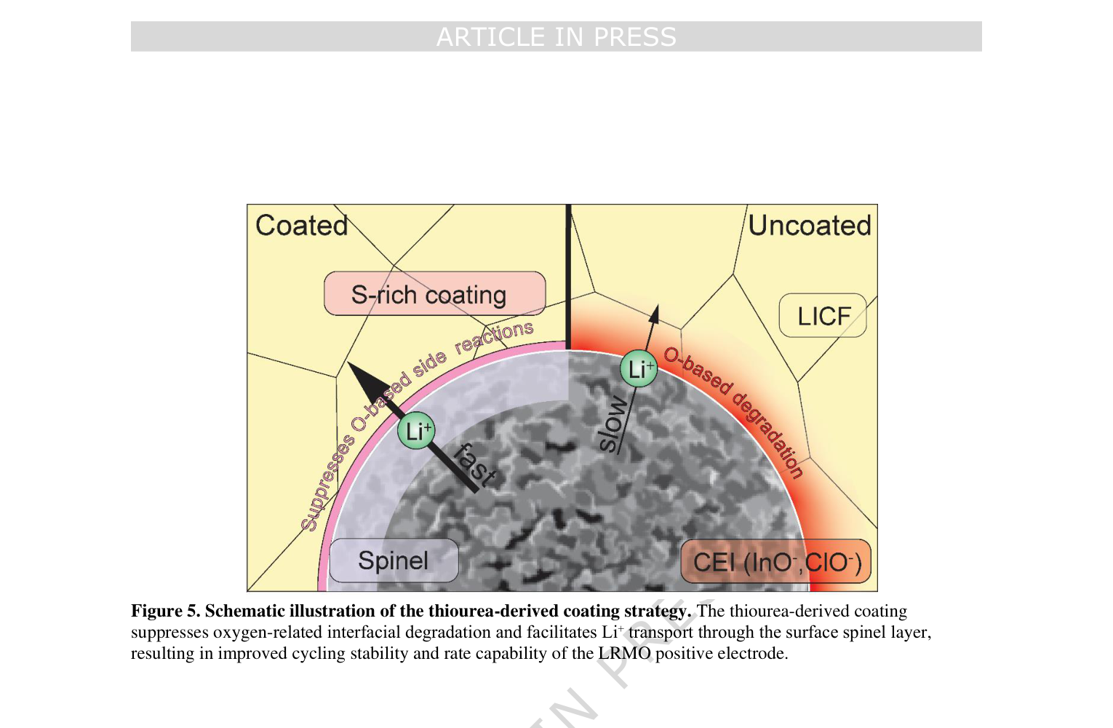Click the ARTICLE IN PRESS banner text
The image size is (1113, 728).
point(556,37)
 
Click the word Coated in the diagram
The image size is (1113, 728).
point(302,225)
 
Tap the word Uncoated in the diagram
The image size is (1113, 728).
point(810,225)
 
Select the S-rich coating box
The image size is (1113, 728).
point(435,293)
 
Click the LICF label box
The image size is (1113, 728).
point(823,315)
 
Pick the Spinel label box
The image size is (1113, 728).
point(394,561)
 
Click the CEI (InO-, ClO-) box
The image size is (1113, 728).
point(775,561)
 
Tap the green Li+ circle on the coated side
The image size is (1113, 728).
point(416,431)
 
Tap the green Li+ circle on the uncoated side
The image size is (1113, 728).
point(639,369)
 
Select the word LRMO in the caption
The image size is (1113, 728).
point(624,653)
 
